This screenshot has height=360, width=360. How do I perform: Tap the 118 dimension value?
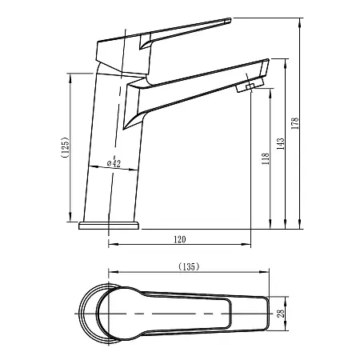[264, 159]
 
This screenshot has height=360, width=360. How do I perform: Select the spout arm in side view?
[196, 89]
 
